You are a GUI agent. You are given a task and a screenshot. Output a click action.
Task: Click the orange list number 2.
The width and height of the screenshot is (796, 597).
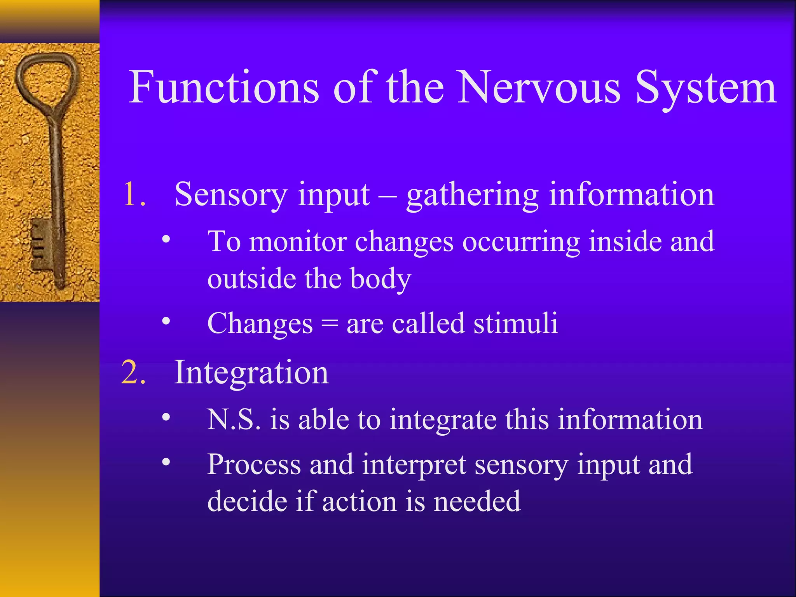(x=133, y=372)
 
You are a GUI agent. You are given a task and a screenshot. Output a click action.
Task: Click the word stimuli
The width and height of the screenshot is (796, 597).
(x=515, y=323)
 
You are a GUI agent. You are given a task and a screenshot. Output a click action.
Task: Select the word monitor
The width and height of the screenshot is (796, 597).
(x=298, y=242)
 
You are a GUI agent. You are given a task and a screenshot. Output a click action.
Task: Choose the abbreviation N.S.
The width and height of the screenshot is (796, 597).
(x=234, y=420)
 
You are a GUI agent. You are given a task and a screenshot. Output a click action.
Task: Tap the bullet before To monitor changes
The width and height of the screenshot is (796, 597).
(x=166, y=239)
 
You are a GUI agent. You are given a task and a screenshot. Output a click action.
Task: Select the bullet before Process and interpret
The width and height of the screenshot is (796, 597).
(x=166, y=462)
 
